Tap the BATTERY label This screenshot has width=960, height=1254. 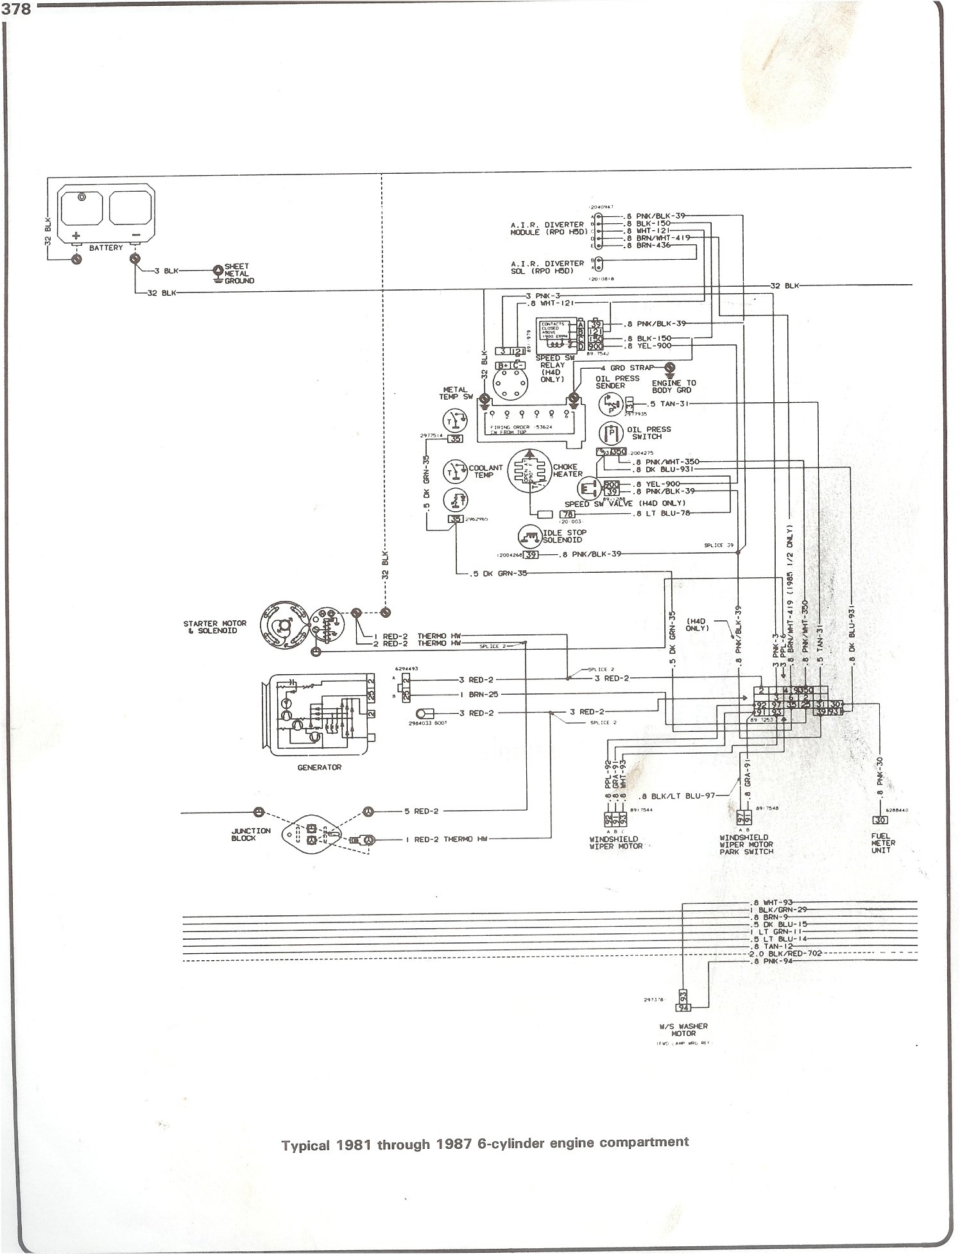pos(106,248)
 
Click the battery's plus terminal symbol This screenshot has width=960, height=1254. pos(76,235)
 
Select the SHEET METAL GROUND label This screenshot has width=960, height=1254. pos(237,273)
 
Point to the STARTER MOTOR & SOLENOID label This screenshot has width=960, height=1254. pos(210,626)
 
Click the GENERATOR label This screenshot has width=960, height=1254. pos(319,767)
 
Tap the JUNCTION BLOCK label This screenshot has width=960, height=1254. pos(251,835)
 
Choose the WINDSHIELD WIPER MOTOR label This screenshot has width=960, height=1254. pos(616,842)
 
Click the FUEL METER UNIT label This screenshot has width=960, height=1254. pos(882,843)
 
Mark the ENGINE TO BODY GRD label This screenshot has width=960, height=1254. pos(673,386)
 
